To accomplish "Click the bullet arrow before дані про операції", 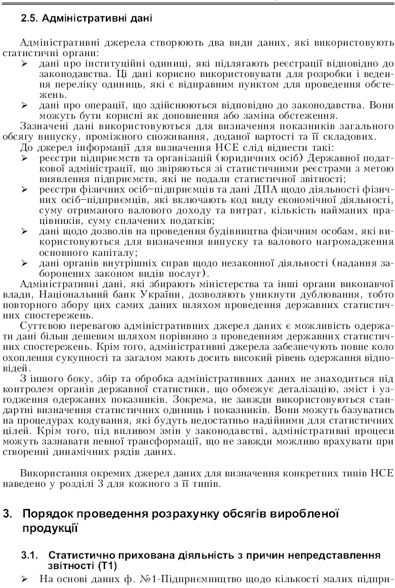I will pos(24,105).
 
